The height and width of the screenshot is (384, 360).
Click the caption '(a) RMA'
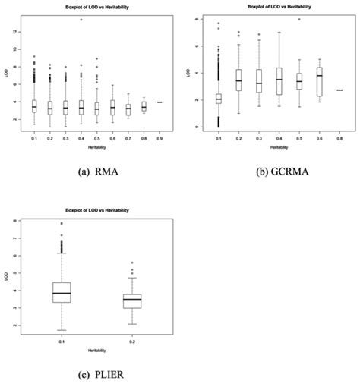90,172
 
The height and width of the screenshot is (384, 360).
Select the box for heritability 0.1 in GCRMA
219,99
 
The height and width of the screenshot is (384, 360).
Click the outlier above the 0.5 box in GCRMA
299,20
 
